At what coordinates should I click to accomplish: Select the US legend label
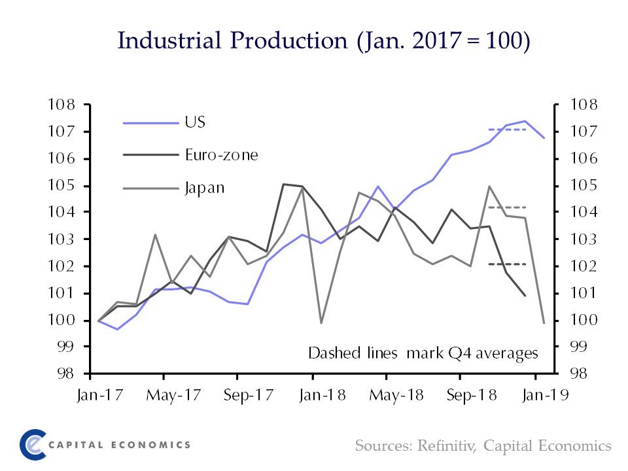click(x=196, y=122)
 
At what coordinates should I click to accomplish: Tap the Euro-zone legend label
click(x=221, y=155)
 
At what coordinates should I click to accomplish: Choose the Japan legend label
click(x=205, y=188)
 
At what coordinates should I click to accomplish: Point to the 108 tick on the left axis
click(x=60, y=105)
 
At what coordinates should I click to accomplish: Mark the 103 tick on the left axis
click(x=60, y=239)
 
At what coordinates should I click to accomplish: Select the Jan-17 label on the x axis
click(x=89, y=396)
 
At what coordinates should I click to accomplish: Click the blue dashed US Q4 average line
click(x=508, y=130)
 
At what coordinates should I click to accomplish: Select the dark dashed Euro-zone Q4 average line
click(x=508, y=264)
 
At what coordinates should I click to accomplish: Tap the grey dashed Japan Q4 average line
click(x=508, y=207)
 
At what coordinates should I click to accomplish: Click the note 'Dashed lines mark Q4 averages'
click(x=423, y=353)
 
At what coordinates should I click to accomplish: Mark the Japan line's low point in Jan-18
click(x=321, y=323)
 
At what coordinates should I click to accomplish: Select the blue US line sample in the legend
click(x=150, y=122)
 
